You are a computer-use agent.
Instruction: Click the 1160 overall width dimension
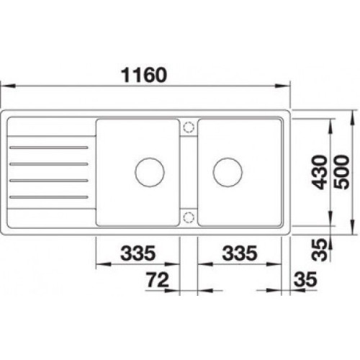click(144, 75)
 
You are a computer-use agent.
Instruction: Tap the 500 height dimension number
click(341, 172)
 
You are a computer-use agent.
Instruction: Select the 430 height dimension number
click(320, 172)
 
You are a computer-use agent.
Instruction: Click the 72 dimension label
click(158, 280)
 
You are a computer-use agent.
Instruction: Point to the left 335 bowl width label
click(138, 253)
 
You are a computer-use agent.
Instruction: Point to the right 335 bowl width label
click(240, 253)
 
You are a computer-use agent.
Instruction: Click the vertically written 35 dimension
click(320, 250)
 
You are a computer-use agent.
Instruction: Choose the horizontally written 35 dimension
click(305, 279)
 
